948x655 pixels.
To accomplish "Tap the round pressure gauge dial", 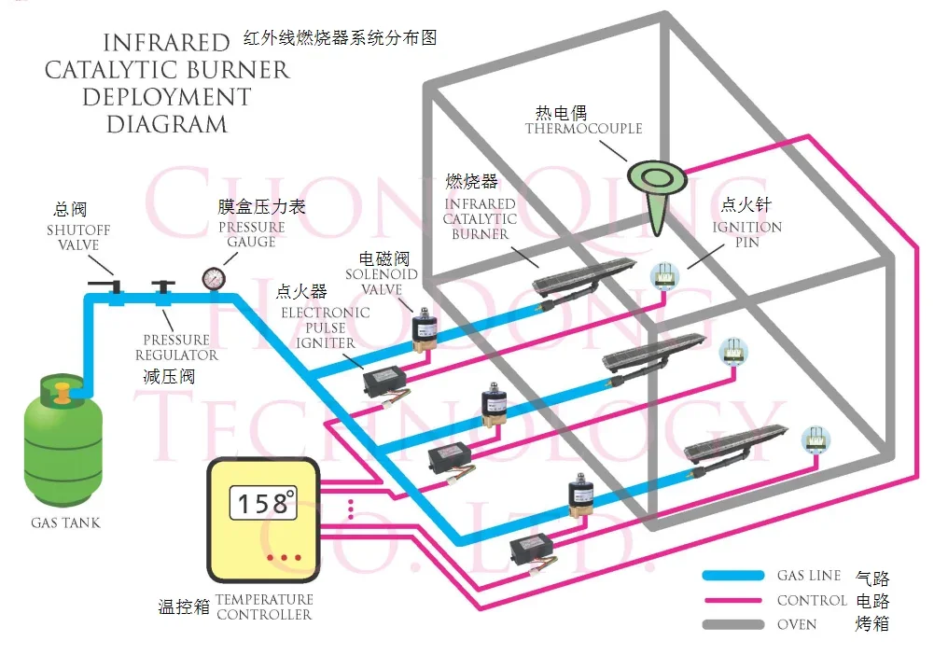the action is pyautogui.click(x=214, y=278).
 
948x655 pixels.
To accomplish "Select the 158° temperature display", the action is pyautogui.click(x=264, y=502).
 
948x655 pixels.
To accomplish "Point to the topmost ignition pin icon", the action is pyautogui.click(x=664, y=276).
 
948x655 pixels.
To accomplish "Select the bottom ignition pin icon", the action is pyautogui.click(x=816, y=439).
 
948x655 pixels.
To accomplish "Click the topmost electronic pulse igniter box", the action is pyautogui.click(x=384, y=381).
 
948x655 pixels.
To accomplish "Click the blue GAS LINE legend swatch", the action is pyautogui.click(x=732, y=575).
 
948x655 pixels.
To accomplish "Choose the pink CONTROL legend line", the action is pyautogui.click(x=732, y=601).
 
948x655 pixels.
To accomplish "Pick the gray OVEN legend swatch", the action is pyautogui.click(x=732, y=624).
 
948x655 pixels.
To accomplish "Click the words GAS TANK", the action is pyautogui.click(x=65, y=523).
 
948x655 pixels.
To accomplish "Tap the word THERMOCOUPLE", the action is pyautogui.click(x=583, y=128).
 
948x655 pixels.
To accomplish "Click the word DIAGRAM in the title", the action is pyautogui.click(x=167, y=125).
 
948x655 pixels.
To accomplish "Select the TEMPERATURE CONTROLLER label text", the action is pyautogui.click(x=264, y=607).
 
